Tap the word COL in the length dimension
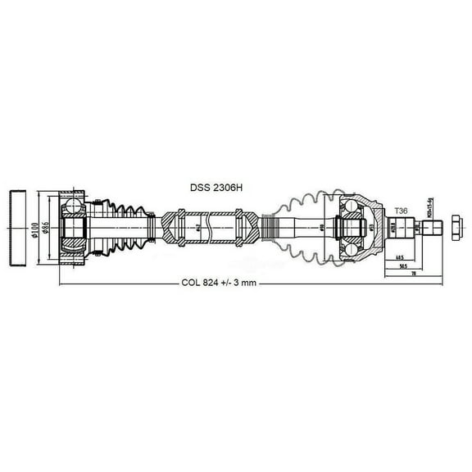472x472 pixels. coord(191,283)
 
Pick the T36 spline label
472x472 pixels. coord(401,211)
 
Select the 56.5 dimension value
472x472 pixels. coord(402,265)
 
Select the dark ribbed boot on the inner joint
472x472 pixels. coord(124,222)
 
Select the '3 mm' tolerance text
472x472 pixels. coord(245,283)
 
